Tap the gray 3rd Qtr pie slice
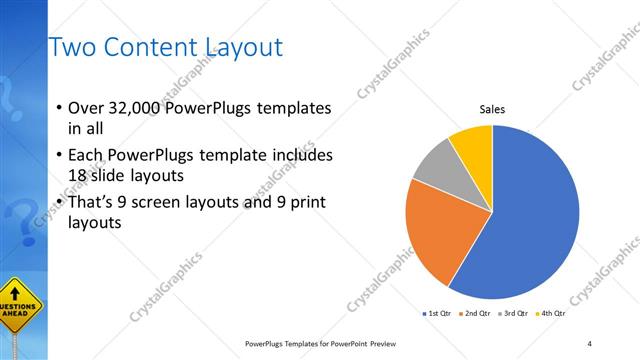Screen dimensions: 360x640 (x=436, y=167)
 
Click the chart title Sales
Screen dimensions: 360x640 (x=492, y=109)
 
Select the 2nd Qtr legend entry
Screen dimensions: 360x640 (x=475, y=314)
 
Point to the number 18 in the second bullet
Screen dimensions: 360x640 (x=78, y=175)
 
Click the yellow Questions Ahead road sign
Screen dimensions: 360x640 (x=20, y=304)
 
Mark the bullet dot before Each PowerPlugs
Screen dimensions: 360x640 (x=59, y=156)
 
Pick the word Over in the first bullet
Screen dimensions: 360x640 (x=86, y=108)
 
